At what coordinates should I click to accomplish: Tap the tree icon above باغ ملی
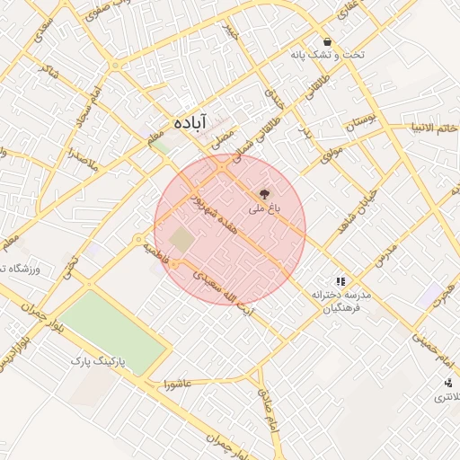tap(263, 192)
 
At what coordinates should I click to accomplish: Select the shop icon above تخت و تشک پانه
tap(327, 41)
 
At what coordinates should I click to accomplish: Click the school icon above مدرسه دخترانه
tap(340, 281)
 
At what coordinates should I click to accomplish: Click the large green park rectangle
tap(111, 332)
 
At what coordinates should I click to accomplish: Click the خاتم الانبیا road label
tap(432, 128)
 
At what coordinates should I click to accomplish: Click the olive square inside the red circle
tap(182, 240)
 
